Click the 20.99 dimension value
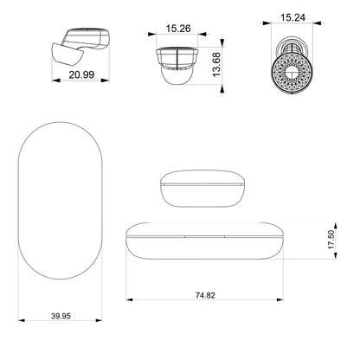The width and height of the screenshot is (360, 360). coord(81,74)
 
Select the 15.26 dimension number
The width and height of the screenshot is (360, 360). coord(178,29)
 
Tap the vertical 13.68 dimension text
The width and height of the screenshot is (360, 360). coord(216,65)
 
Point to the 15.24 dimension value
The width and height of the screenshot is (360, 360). coord(292,17)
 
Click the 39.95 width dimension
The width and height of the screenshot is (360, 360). coord(61,316)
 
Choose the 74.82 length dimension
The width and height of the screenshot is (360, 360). coord(205,295)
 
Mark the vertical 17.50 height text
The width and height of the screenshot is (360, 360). coord(331,240)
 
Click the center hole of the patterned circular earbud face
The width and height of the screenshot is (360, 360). coord(292,72)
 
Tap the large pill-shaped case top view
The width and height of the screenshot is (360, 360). coord(61,201)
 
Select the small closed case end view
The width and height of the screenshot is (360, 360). coord(202,189)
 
